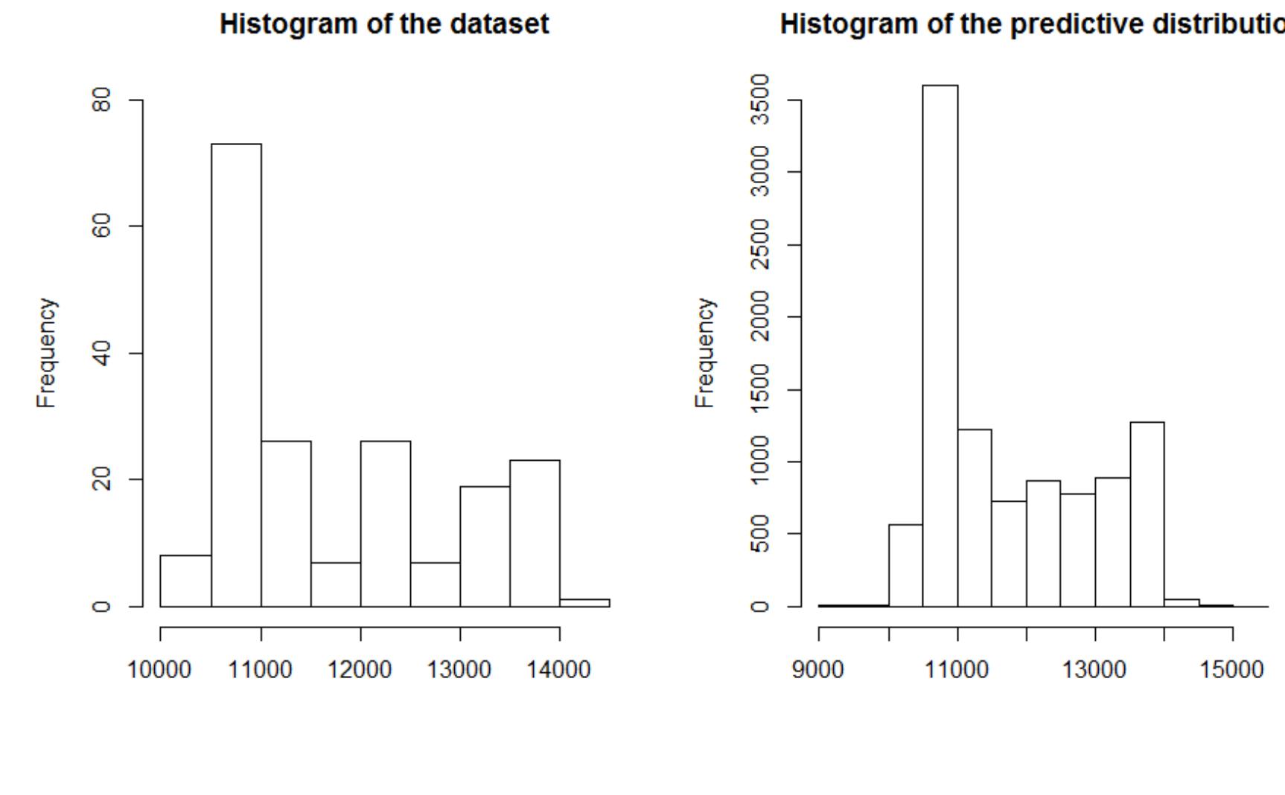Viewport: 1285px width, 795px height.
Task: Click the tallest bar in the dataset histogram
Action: point(236,372)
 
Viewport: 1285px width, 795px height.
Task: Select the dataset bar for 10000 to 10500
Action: point(185,581)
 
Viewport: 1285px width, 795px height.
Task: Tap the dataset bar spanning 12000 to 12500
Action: point(385,521)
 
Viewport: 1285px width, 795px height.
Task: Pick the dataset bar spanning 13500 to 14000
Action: point(535,532)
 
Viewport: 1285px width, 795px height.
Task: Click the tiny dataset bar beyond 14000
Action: point(584,602)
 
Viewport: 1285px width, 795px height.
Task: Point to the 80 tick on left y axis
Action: point(101,100)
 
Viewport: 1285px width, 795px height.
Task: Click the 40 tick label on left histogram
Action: point(101,353)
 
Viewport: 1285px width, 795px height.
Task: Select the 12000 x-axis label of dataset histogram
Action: point(360,670)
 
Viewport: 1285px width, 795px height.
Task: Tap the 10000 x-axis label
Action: point(159,670)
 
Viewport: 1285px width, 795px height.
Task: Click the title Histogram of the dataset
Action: point(384,25)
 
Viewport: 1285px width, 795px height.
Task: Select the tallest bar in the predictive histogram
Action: point(940,342)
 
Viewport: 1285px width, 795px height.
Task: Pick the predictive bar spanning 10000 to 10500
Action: point(905,566)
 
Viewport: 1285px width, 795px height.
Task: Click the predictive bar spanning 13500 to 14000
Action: point(1147,514)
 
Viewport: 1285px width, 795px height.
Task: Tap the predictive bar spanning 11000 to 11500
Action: point(974,517)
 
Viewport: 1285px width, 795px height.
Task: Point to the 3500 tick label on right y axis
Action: point(759,100)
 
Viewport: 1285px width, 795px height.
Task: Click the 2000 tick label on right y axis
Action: point(759,316)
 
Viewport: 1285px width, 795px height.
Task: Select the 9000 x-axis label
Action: point(819,670)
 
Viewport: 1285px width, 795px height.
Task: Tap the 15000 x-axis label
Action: point(1231,670)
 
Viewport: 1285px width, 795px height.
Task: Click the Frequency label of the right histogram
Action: point(704,353)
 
